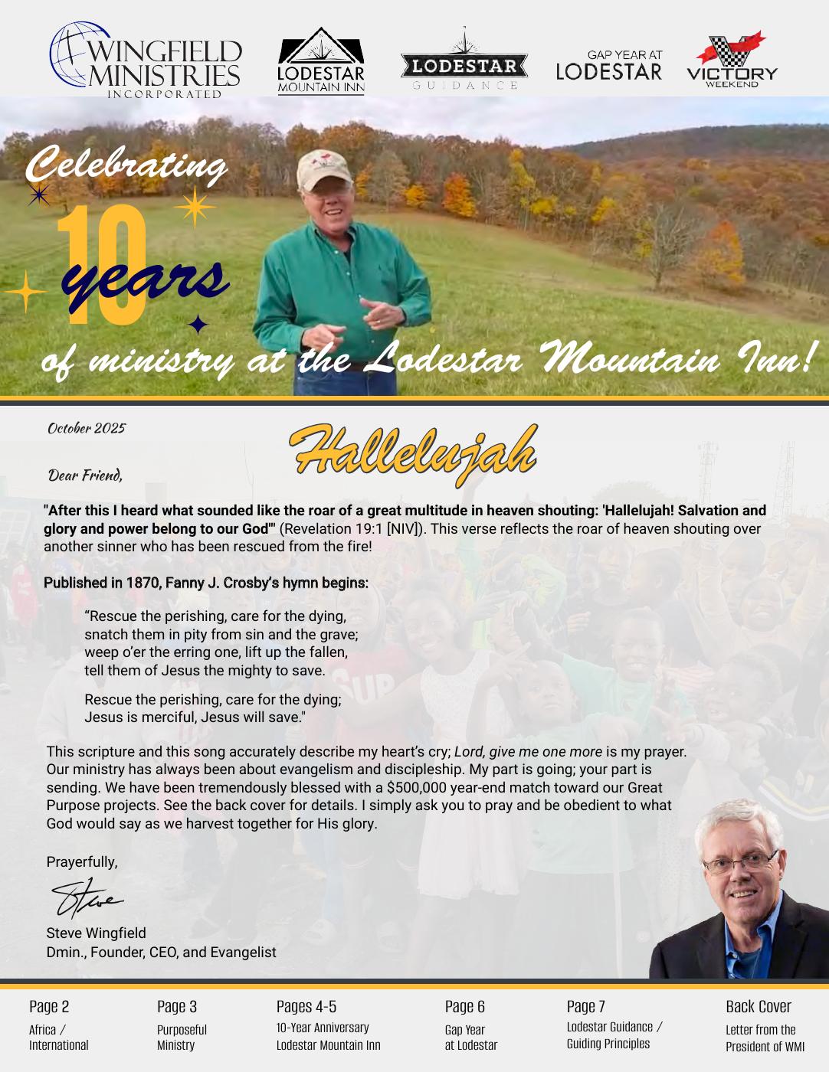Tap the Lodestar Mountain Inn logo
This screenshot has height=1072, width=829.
[320, 61]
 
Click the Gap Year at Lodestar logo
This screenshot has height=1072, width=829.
[609, 66]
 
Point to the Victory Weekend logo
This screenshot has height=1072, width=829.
[732, 60]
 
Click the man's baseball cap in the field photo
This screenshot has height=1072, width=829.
[323, 169]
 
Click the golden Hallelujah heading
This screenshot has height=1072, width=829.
[414, 453]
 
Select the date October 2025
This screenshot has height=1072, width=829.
[87, 428]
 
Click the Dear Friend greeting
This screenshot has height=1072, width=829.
[85, 476]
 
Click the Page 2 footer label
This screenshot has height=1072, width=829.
[49, 1006]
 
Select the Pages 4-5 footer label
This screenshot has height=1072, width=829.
[306, 1006]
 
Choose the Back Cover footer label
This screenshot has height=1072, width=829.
[759, 1006]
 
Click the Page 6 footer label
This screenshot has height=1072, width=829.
[465, 1006]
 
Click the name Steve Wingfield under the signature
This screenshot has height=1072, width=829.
[96, 933]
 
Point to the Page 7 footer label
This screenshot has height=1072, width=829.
[586, 1006]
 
